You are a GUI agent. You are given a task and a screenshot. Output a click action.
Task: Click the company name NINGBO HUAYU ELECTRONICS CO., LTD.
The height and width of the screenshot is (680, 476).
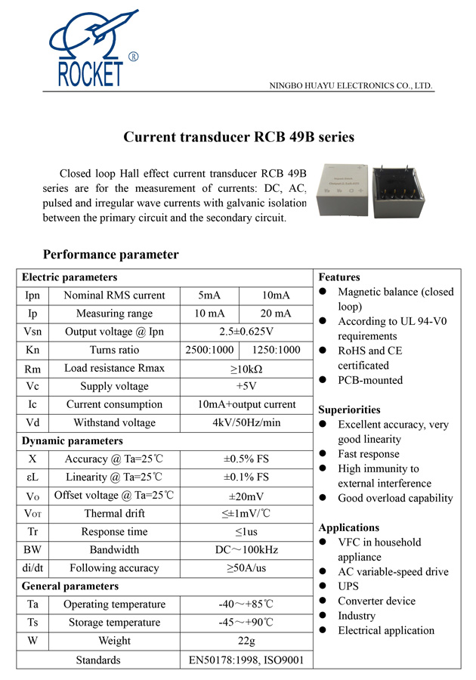point(351,85)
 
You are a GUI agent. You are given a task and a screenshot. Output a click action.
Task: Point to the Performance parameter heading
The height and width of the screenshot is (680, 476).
point(110,254)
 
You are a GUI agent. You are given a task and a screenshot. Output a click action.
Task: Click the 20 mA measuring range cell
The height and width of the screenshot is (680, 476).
point(275,314)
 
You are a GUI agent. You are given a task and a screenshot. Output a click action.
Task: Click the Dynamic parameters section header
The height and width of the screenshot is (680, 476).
point(72,440)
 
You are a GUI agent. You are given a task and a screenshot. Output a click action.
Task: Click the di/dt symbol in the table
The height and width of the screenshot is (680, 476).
point(32,568)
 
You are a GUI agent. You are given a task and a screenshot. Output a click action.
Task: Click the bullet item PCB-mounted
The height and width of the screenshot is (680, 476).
point(370,380)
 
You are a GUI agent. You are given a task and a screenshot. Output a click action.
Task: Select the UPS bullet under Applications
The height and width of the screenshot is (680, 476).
point(348,586)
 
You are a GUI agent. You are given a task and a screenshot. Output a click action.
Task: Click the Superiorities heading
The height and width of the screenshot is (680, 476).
point(349,410)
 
